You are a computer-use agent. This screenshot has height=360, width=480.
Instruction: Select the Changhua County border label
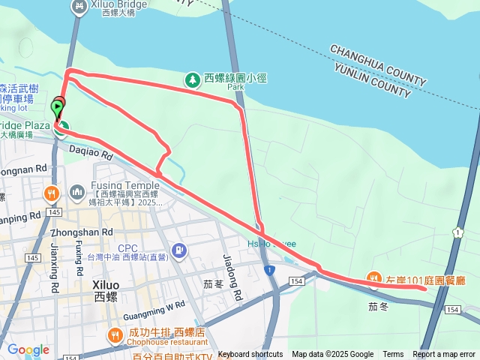(378, 65)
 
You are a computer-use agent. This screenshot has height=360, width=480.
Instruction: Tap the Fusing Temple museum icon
(77, 193)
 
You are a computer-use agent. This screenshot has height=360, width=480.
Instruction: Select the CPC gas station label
(128, 248)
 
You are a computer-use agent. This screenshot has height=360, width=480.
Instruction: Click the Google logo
(28, 349)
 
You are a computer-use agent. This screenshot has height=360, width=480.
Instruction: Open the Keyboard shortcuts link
(250, 355)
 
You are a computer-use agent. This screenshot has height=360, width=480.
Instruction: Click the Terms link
(393, 355)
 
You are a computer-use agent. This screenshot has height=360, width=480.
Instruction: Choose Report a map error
(444, 355)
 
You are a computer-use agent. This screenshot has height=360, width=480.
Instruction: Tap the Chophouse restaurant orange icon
(115, 335)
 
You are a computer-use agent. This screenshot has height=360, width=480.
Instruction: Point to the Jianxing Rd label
(55, 257)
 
